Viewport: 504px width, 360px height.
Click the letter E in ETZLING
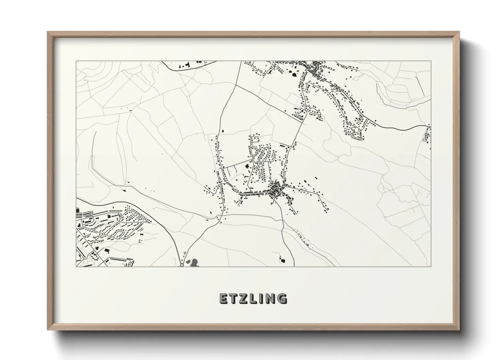coord(223,298)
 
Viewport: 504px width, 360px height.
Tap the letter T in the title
coord(233,298)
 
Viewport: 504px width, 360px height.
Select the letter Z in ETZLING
coord(243,298)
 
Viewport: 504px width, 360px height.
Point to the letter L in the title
coord(253,298)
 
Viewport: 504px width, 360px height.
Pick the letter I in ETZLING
coord(261,298)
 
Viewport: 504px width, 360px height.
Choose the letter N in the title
coord(270,298)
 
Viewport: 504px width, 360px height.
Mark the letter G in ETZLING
coord(281,298)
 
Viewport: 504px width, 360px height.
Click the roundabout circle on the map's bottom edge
coord(182,264)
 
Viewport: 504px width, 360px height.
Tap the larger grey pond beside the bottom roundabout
coord(194,262)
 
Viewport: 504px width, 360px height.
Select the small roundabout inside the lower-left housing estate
coord(103,234)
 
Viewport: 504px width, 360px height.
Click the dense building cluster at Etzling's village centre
coord(276,193)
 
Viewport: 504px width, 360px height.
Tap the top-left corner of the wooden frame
coord(48,32)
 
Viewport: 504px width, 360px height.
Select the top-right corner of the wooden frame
coord(459,32)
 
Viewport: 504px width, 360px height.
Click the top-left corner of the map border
coord(76,61)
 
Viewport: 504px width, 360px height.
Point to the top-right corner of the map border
coord(431,61)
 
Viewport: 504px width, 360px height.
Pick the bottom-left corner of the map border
coord(76,266)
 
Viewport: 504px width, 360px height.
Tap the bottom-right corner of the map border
coord(431,266)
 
